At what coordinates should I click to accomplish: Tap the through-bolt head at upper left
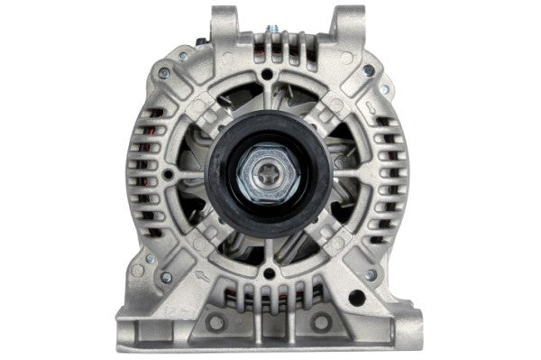click(164, 73)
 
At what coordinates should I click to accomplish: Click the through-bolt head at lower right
click(371, 273)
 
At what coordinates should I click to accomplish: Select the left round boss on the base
click(215, 322)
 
